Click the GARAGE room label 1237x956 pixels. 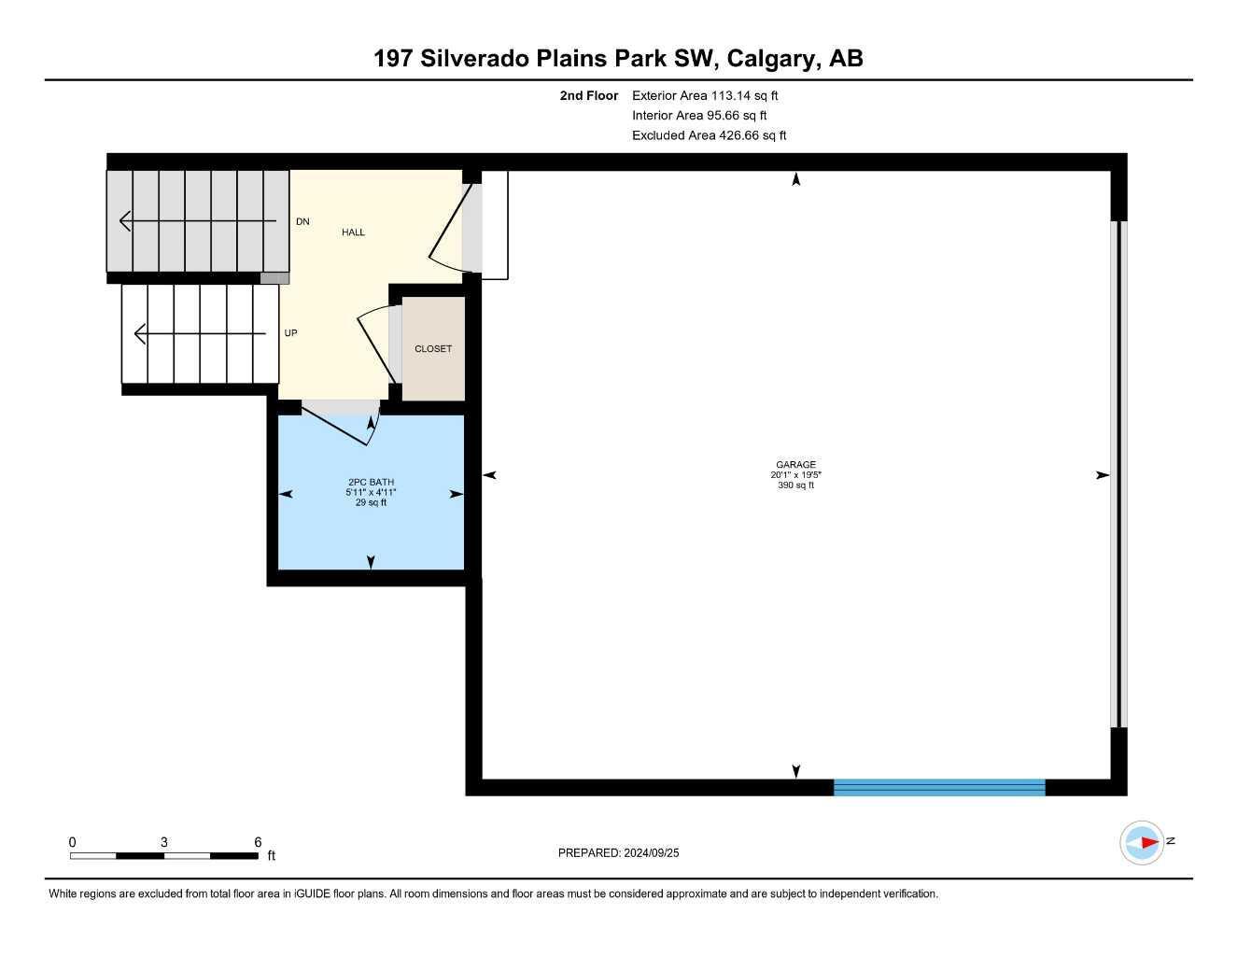pyautogui.click(x=795, y=464)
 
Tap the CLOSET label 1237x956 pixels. pyautogui.click(x=433, y=349)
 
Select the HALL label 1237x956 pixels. pyautogui.click(x=353, y=232)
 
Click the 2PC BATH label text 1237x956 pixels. pyautogui.click(x=372, y=482)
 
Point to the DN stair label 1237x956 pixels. pyautogui.click(x=302, y=221)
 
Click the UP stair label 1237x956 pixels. pyautogui.click(x=291, y=333)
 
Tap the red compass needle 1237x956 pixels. pyautogui.click(x=1150, y=842)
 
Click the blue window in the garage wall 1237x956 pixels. pyautogui.click(x=939, y=788)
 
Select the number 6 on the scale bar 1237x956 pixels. pyautogui.click(x=258, y=842)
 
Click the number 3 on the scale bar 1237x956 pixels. pyautogui.click(x=164, y=842)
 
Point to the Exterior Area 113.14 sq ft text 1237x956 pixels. pyautogui.click(x=705, y=95)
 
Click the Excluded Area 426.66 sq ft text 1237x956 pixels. pyautogui.click(x=709, y=135)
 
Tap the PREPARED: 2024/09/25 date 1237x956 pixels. pyautogui.click(x=618, y=853)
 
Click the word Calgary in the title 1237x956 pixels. pyautogui.click(x=771, y=59)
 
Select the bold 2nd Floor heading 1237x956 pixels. pyautogui.click(x=588, y=95)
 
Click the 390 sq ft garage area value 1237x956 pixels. pyautogui.click(x=795, y=485)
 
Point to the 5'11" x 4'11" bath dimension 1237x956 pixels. pyautogui.click(x=371, y=492)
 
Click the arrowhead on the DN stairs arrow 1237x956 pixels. pyautogui.click(x=125, y=220)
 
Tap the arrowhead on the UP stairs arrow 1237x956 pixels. pyautogui.click(x=139, y=333)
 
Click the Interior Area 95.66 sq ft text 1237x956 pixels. pyautogui.click(x=699, y=116)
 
